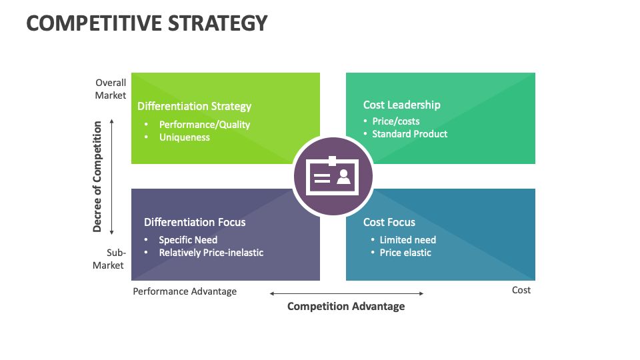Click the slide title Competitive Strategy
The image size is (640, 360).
pyautogui.click(x=147, y=23)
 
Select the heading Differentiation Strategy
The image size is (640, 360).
pyautogui.click(x=194, y=106)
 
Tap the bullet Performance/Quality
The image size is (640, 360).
pyautogui.click(x=204, y=125)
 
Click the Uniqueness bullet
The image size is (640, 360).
pyautogui.click(x=184, y=137)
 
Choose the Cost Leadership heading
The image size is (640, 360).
pyautogui.click(x=401, y=105)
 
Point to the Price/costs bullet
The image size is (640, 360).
pyautogui.click(x=395, y=121)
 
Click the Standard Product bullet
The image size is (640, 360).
pyautogui.click(x=409, y=134)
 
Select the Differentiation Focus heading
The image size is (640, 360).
pyautogui.click(x=195, y=222)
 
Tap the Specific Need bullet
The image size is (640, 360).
pyautogui.click(x=188, y=240)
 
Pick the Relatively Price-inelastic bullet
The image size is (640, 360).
pyautogui.click(x=211, y=253)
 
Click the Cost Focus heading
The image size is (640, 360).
pyautogui.click(x=389, y=222)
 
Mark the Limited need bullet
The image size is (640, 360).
pyautogui.click(x=407, y=240)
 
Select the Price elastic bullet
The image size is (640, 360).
pyautogui.click(x=405, y=253)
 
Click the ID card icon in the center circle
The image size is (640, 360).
pyautogui.click(x=333, y=177)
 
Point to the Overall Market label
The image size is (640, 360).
pyautogui.click(x=111, y=89)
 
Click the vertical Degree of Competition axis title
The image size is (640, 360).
pyautogui.click(x=97, y=177)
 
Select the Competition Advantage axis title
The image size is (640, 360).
pyautogui.click(x=345, y=307)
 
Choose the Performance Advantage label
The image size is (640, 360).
pyautogui.click(x=185, y=291)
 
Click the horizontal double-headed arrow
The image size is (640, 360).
pyautogui.click(x=346, y=293)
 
